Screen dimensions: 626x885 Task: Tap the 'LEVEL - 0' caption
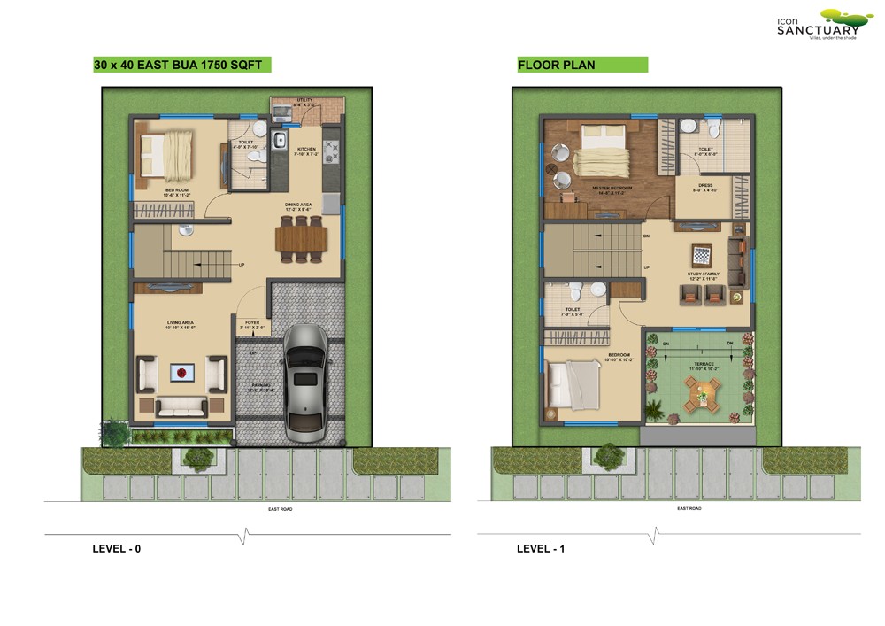117,549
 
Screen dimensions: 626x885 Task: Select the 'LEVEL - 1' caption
541,549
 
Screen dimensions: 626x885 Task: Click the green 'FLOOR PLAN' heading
557,65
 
